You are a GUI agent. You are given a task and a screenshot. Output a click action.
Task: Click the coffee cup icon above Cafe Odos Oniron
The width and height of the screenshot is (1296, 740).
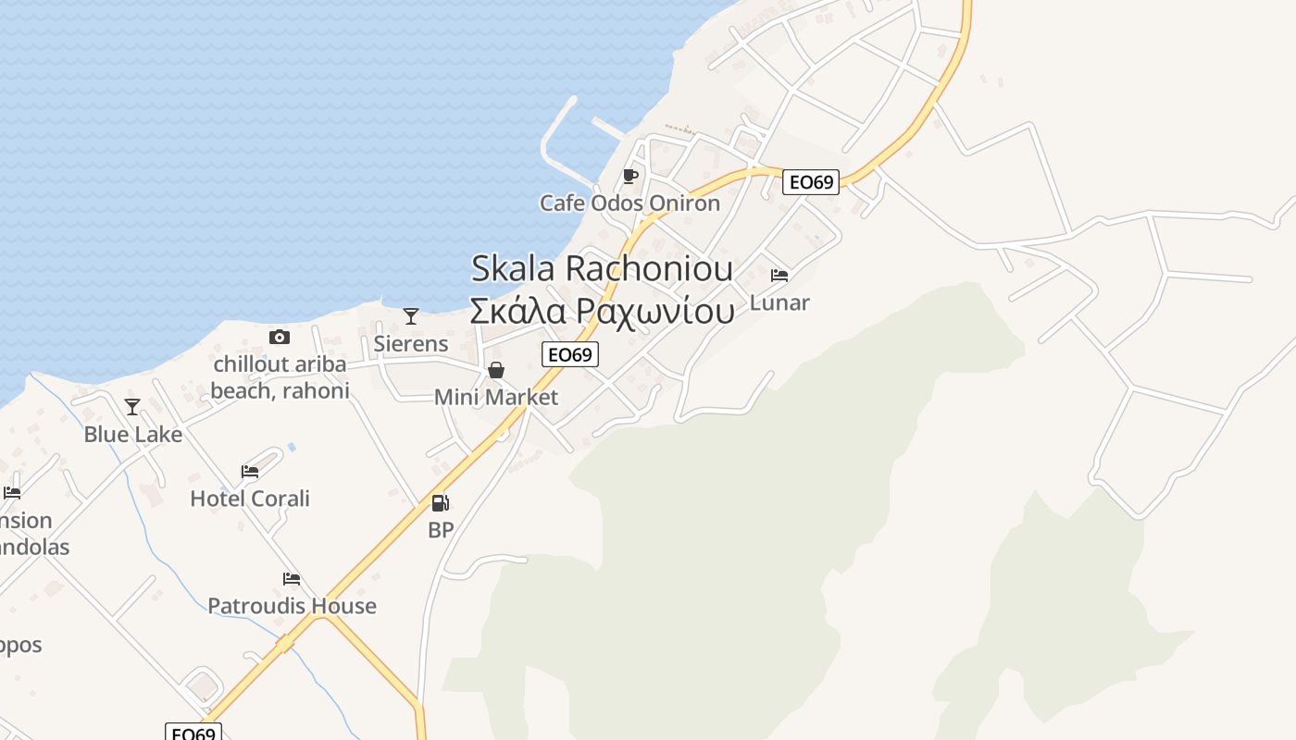pos(630,176)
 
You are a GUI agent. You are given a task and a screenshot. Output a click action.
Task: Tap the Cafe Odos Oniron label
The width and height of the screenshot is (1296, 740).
pos(629,203)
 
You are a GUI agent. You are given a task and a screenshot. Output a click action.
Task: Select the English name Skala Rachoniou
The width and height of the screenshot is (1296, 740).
pos(602,268)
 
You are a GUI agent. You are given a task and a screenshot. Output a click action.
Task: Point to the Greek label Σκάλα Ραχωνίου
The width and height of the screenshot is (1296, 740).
pos(602,311)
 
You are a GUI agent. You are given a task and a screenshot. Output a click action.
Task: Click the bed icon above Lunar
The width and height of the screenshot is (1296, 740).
pos(779,276)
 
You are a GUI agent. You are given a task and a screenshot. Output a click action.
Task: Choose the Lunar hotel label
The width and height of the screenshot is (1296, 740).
pos(779,302)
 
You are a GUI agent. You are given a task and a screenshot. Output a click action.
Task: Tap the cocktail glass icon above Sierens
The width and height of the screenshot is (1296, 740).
pos(411,316)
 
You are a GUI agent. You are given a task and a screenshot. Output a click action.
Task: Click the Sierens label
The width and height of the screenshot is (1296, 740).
pos(411,343)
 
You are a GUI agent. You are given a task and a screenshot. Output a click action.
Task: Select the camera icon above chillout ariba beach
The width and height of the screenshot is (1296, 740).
pos(280,337)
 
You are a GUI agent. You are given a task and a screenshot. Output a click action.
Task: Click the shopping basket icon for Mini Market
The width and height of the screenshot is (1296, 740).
pos(496,370)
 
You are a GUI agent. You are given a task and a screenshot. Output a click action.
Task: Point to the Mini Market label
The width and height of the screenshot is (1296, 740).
pos(496,397)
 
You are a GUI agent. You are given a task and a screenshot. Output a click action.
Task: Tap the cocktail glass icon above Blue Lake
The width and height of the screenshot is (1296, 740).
pos(132,407)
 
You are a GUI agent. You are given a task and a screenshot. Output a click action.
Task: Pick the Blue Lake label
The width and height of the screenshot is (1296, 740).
pos(133,434)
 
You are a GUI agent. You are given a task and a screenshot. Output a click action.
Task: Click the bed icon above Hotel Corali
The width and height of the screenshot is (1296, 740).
pos(250,472)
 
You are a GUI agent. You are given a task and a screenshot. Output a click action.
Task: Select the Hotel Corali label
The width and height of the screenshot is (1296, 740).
pos(250,499)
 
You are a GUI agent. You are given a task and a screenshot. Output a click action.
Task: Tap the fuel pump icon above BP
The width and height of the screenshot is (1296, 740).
pos(441,503)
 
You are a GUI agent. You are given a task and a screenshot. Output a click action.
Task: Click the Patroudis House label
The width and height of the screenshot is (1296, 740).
pos(292,606)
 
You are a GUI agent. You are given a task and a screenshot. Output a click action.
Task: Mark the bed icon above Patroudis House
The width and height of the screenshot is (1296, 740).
pos(292,579)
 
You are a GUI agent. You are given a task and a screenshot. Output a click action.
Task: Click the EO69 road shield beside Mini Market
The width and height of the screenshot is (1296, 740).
pos(570,354)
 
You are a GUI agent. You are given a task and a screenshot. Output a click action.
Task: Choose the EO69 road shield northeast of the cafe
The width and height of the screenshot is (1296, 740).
pos(811,182)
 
